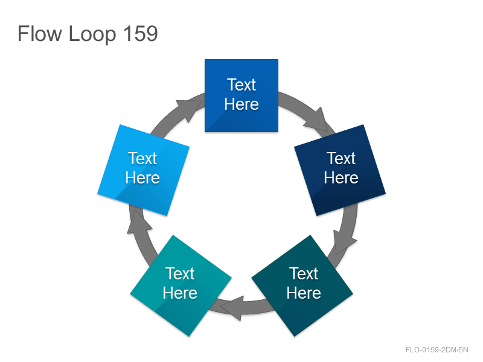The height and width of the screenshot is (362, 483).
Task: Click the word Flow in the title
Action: [x=40, y=33]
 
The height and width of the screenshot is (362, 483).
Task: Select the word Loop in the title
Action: [x=92, y=34]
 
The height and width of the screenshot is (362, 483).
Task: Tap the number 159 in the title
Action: [x=141, y=33]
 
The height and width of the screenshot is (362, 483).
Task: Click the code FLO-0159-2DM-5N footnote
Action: [x=437, y=350]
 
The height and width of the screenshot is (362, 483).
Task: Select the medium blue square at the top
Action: [x=241, y=95]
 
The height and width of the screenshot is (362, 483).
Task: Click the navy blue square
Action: [x=340, y=170]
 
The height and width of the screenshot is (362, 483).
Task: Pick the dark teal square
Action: [x=302, y=285]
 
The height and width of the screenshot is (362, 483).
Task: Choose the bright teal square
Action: [x=181, y=285]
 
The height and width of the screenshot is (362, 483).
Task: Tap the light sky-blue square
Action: [x=143, y=170]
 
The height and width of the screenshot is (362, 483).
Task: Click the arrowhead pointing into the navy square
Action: [x=318, y=120]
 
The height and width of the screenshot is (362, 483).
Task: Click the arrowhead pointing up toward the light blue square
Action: [x=139, y=222]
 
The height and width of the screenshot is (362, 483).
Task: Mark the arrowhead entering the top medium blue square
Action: [x=190, y=109]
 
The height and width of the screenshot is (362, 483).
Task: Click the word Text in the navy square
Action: [x=341, y=159]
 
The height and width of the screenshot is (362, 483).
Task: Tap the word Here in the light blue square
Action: [x=142, y=178]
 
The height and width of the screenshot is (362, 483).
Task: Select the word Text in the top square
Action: [x=241, y=84]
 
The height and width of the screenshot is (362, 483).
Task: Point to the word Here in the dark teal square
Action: [x=304, y=293]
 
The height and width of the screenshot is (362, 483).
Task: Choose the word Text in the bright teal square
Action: [x=180, y=273]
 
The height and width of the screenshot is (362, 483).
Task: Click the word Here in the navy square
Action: [x=341, y=178]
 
